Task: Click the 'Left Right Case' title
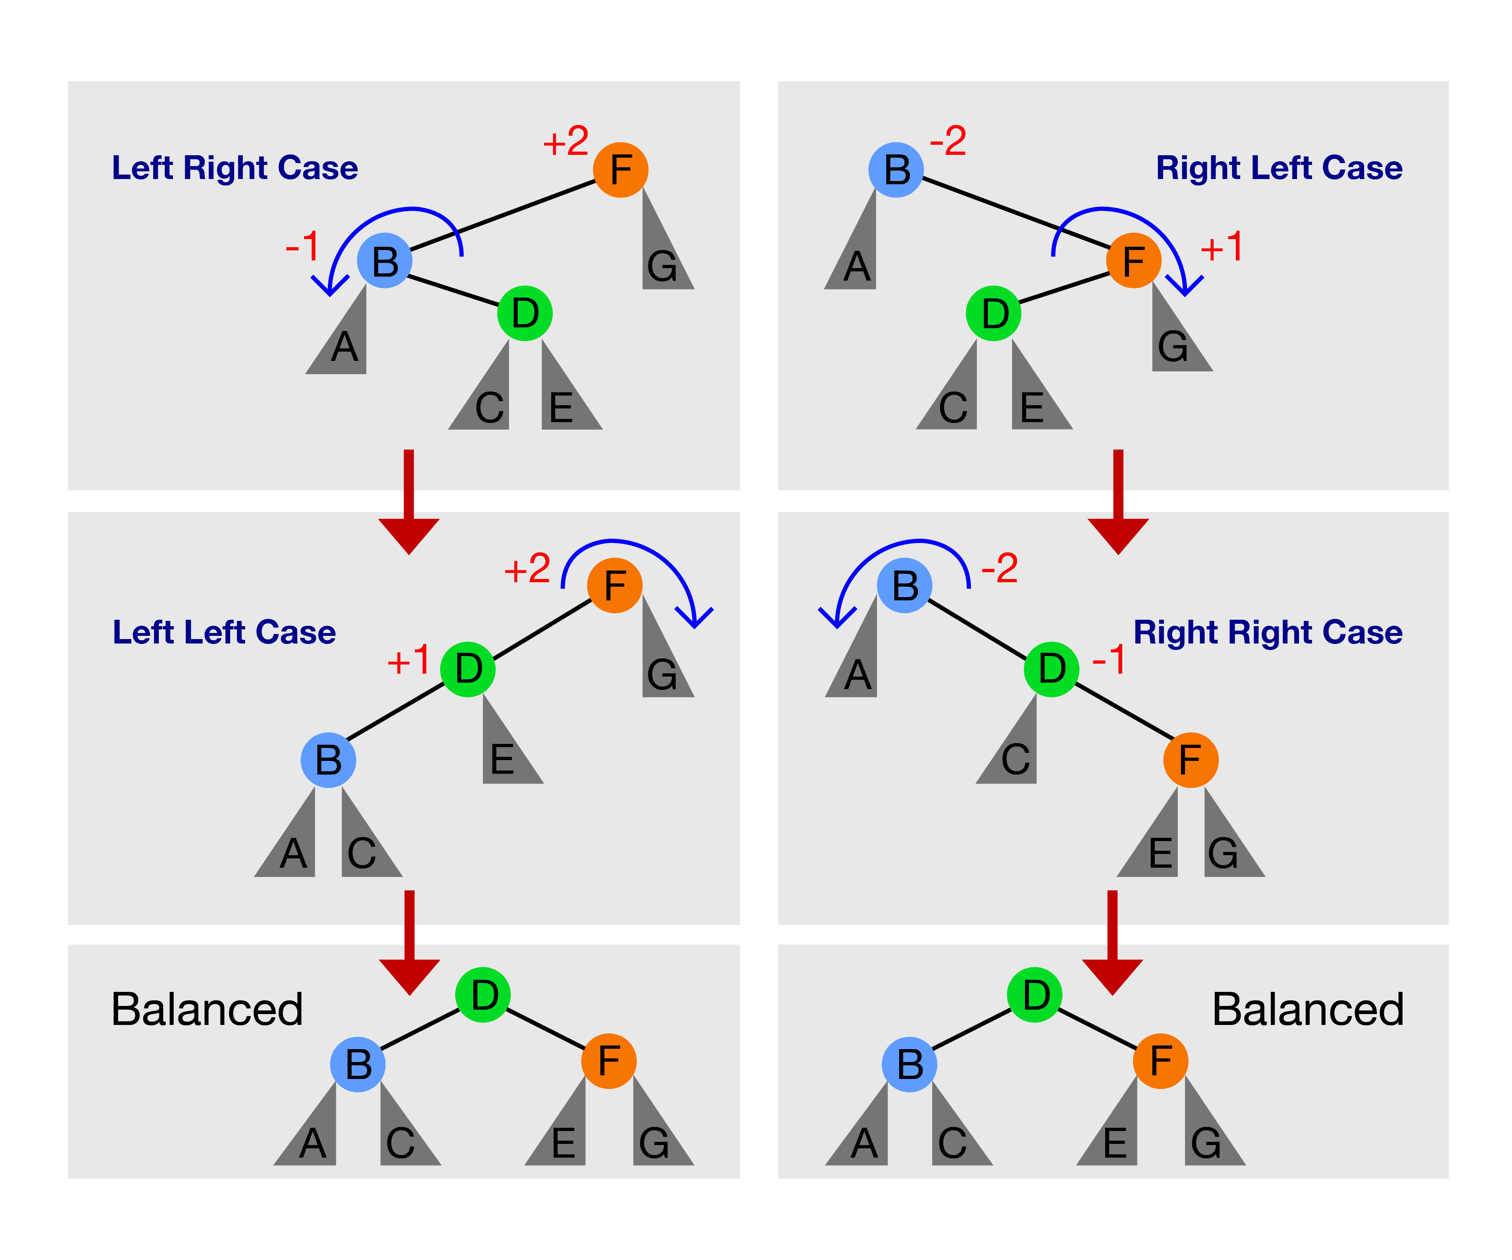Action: [x=235, y=168]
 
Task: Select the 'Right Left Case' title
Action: [x=1279, y=168]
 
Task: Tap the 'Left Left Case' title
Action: [x=224, y=632]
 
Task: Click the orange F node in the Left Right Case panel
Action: [x=621, y=170]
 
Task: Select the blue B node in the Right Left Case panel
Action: [x=896, y=170]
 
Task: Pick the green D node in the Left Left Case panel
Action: [x=467, y=669]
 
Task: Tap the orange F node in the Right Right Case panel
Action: [x=1190, y=760]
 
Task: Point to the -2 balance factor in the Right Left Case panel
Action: [x=948, y=141]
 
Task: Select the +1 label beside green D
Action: [x=408, y=660]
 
